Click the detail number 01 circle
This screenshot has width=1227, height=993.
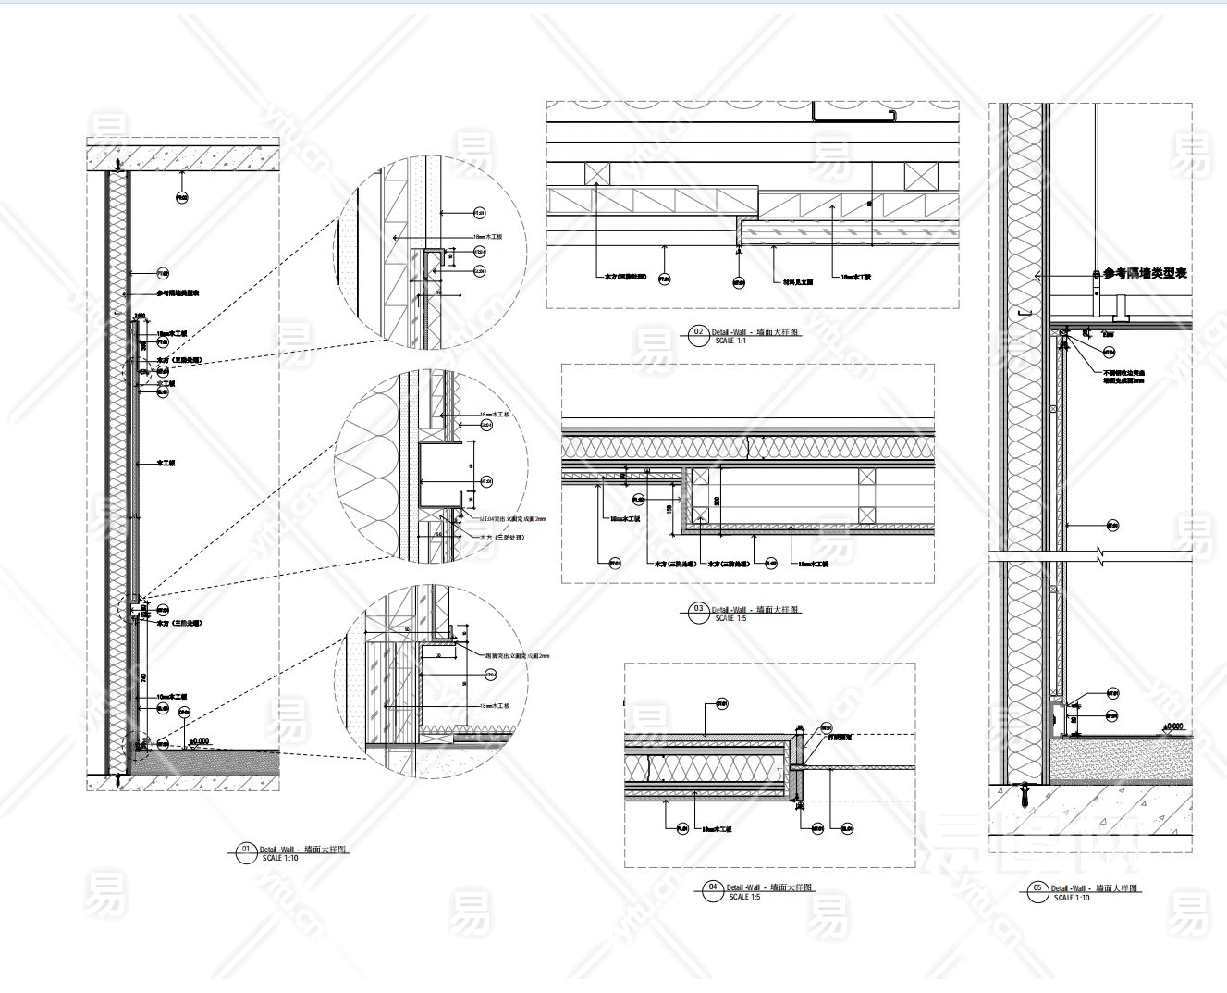click(x=246, y=852)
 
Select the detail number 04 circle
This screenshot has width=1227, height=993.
click(x=712, y=890)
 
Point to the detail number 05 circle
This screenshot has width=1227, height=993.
click(x=1037, y=891)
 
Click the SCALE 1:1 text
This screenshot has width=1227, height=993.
click(x=730, y=341)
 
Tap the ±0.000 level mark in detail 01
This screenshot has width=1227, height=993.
click(x=200, y=740)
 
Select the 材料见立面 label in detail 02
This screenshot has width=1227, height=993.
click(x=797, y=277)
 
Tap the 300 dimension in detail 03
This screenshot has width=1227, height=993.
click(x=714, y=500)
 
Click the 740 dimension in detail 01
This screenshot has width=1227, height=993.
click(x=144, y=678)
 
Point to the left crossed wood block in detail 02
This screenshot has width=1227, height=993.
click(x=595, y=173)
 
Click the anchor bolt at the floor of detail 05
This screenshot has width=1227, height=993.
click(x=1024, y=792)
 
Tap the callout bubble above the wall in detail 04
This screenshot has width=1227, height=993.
click(x=722, y=705)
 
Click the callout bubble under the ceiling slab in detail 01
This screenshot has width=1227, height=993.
click(x=182, y=196)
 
